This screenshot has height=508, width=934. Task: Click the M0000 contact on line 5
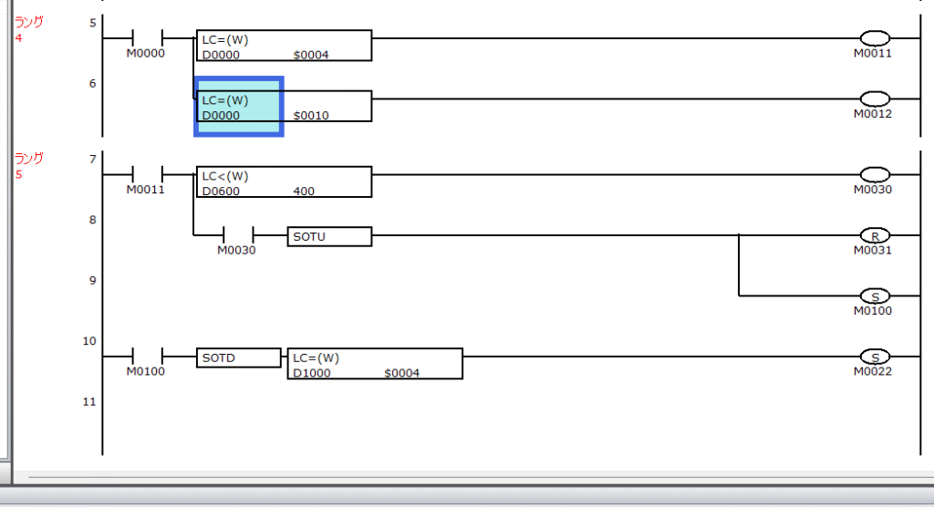pyautogui.click(x=147, y=38)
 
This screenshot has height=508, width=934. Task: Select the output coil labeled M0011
pyautogui.click(x=875, y=38)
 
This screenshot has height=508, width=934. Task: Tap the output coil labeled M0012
pyautogui.click(x=875, y=98)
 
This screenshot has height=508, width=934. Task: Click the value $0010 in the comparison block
pyautogui.click(x=311, y=115)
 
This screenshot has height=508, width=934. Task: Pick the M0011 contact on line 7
pyautogui.click(x=147, y=174)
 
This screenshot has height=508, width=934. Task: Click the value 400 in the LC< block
pyautogui.click(x=304, y=192)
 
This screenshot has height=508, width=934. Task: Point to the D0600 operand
pyautogui.click(x=221, y=192)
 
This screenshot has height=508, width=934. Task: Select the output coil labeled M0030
pyautogui.click(x=875, y=174)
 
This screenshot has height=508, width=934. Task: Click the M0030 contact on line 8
pyautogui.click(x=238, y=235)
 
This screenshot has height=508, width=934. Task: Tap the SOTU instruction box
pyautogui.click(x=329, y=236)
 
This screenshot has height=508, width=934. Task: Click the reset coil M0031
pyautogui.click(x=875, y=235)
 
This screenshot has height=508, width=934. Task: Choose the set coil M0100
pyautogui.click(x=875, y=296)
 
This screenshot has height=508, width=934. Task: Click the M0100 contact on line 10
pyautogui.click(x=147, y=357)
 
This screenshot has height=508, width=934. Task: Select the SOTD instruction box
pyautogui.click(x=238, y=358)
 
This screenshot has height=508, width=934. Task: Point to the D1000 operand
pyautogui.click(x=312, y=373)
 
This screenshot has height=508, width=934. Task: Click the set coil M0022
pyautogui.click(x=875, y=357)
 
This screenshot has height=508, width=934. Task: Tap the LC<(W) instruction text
pyautogui.click(x=225, y=176)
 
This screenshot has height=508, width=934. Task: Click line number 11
pyautogui.click(x=89, y=402)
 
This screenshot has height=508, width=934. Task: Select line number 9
pyautogui.click(x=92, y=281)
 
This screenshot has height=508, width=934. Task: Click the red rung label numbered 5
pyautogui.click(x=19, y=174)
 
